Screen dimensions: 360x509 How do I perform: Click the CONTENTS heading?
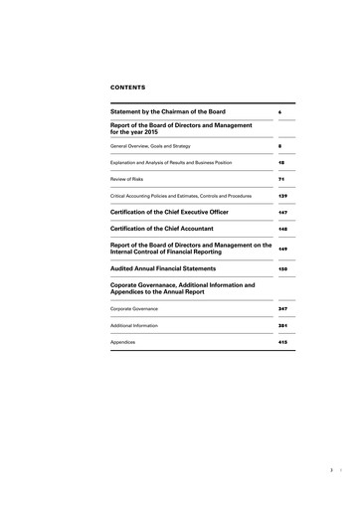[129, 87]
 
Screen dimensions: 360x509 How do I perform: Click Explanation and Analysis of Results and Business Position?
[184, 162]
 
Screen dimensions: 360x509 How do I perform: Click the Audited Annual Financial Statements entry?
[175, 268]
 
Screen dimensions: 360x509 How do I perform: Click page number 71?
[282, 179]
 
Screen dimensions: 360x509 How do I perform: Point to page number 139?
[283, 196]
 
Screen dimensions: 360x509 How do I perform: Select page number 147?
[283, 213]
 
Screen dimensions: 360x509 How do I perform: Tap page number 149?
[283, 249]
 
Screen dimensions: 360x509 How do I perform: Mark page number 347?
[283, 310]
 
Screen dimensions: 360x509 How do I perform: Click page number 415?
[283, 342]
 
